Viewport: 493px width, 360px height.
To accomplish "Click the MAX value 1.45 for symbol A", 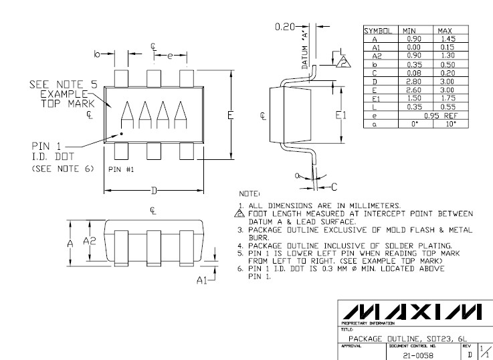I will coord(443,39).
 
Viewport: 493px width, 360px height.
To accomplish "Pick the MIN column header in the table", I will coord(408,31).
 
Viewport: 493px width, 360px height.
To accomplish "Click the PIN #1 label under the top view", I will coord(121,169).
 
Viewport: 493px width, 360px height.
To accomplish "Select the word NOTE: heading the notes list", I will coord(258,191).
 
